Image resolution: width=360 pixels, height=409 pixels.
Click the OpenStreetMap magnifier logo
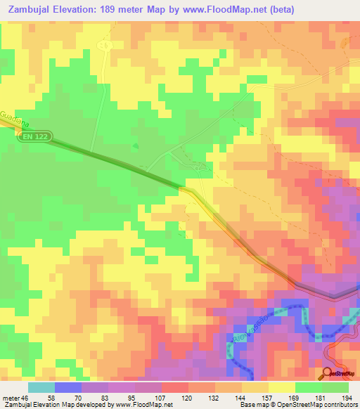(x=328, y=375)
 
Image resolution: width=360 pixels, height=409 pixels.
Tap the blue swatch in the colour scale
(x=67, y=387)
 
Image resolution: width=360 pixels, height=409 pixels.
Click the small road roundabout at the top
(x=105, y=45)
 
